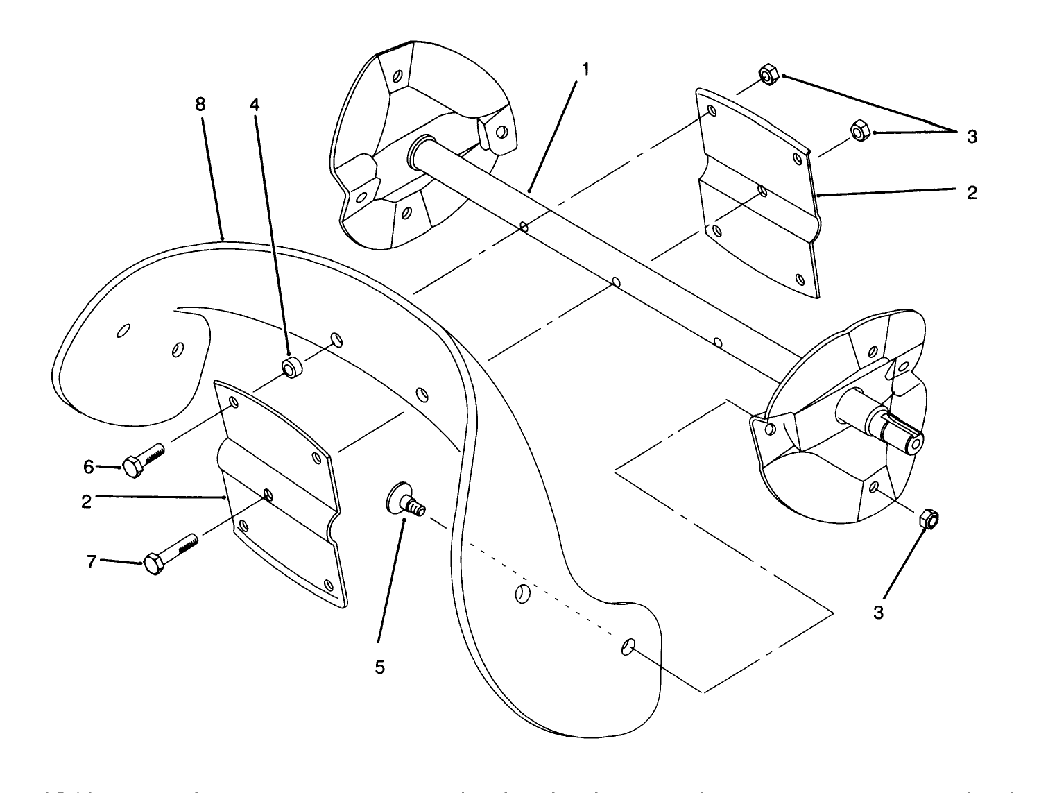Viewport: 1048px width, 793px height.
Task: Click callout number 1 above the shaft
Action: coord(586,69)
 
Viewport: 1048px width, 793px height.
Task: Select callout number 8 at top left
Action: coord(200,105)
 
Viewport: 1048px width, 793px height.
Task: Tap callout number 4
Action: coord(255,105)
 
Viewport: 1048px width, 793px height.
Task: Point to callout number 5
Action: coord(379,667)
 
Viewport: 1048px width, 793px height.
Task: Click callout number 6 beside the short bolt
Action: coord(89,467)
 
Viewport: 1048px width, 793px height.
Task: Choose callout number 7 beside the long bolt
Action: coord(91,561)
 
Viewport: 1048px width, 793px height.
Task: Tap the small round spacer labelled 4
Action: coord(291,368)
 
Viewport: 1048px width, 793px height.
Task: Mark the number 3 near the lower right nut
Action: coord(878,613)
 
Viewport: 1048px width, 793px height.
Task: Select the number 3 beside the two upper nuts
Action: coord(972,137)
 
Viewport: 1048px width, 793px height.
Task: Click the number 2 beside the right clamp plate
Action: coord(972,193)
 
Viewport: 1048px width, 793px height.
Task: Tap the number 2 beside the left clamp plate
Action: coord(86,500)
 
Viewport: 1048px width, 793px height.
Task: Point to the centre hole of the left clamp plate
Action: coord(268,495)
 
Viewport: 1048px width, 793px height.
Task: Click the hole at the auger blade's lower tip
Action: coord(627,647)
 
